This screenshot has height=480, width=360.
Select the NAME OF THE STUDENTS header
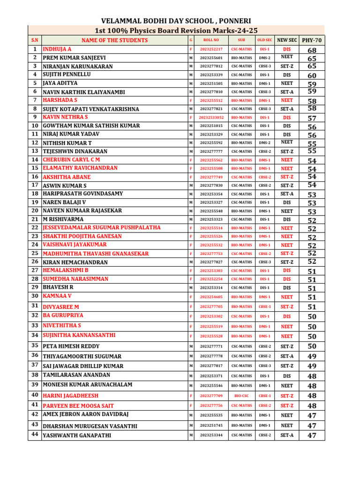click(x=114, y=40)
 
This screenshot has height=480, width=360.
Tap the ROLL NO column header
click(x=211, y=40)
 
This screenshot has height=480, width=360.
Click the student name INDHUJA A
click(x=57, y=49)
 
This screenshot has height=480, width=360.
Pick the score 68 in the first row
click(x=312, y=50)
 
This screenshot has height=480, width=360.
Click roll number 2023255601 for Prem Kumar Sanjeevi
click(x=211, y=58)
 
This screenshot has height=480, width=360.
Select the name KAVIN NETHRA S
click(x=65, y=117)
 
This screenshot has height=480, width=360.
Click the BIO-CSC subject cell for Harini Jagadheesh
click(x=241, y=396)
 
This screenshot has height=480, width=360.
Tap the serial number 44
click(x=35, y=435)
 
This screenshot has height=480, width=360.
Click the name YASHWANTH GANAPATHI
click(x=77, y=435)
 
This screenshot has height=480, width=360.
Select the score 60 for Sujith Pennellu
click(x=312, y=75)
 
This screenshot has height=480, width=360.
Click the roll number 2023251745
click(x=211, y=426)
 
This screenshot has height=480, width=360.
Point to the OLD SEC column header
click(x=265, y=40)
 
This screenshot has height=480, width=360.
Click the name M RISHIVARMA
click(x=63, y=219)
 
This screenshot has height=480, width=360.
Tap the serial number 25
click(x=35, y=253)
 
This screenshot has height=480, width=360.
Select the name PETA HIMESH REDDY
click(x=71, y=346)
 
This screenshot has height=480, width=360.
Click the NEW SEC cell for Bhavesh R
click(x=287, y=288)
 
